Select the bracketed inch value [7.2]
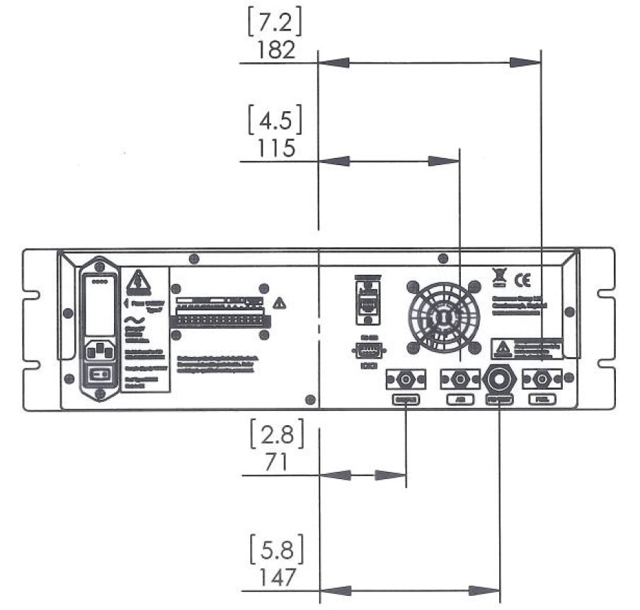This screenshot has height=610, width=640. click(275, 23)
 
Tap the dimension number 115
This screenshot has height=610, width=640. click(276, 150)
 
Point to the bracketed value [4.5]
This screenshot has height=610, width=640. click(276, 120)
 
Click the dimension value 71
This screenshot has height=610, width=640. click(276, 463)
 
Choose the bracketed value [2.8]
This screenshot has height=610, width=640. click(276, 434)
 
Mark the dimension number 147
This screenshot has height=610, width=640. click(276, 577)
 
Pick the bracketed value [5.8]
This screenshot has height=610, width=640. click(276, 549)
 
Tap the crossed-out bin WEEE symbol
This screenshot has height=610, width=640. click(498, 276)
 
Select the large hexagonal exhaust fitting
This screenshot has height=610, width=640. click(500, 379)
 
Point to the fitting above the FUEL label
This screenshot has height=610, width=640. click(542, 379)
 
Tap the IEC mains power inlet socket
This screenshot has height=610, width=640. click(101, 351)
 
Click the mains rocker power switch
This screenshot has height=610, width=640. click(101, 375)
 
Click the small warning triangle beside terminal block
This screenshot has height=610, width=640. click(280, 303)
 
